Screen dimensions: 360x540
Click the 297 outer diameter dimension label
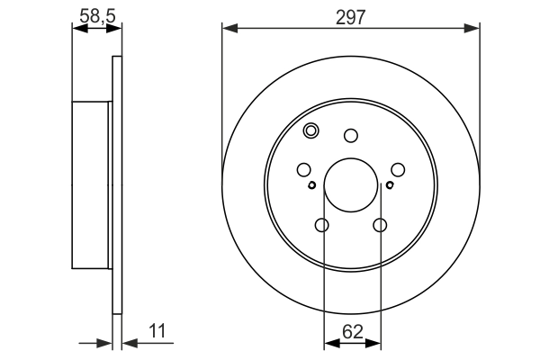(351, 16)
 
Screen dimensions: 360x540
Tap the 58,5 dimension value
(96, 15)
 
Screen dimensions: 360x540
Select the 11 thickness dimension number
(159, 331)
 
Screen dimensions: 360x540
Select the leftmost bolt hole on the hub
(303, 169)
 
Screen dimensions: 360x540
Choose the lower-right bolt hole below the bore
(381, 226)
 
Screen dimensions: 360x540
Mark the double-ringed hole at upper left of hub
(311, 131)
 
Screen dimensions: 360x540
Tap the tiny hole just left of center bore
(311, 186)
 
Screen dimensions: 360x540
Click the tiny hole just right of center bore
(391, 186)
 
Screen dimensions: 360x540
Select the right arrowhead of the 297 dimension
(473, 30)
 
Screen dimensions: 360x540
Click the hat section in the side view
(92, 185)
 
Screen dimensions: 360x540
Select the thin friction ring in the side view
(116, 185)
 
